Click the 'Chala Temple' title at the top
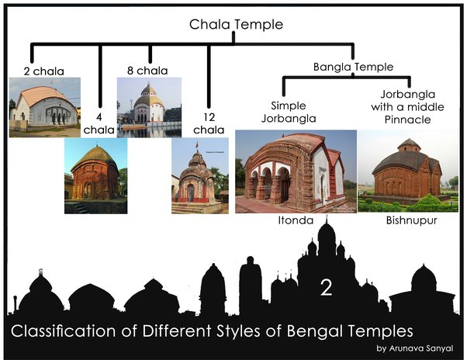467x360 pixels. point(236,25)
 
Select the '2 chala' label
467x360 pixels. point(43,71)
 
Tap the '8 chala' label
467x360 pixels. point(147,71)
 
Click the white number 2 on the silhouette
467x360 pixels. point(326,289)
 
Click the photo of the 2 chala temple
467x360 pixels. point(44,107)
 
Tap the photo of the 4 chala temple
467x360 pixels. point(95,176)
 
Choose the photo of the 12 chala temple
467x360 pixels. point(199,176)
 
